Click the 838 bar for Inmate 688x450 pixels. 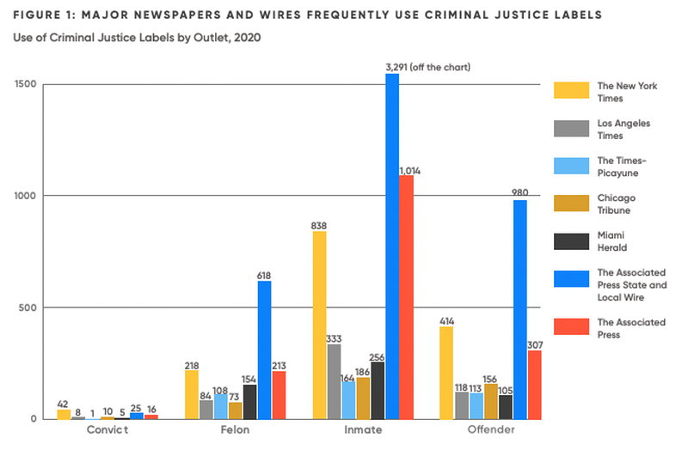point(320,325)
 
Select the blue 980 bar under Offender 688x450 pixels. point(519,309)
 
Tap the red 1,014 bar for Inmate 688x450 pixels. point(407,296)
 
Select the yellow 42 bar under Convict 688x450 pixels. point(64,414)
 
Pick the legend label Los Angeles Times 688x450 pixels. point(623,129)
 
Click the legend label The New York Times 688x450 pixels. point(623,91)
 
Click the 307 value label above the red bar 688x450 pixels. point(534,343)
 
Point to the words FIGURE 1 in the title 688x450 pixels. point(42,15)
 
